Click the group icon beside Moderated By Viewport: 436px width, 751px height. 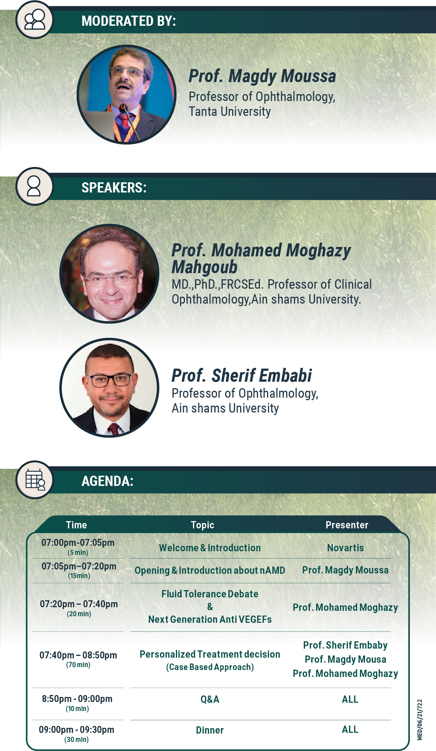(35, 20)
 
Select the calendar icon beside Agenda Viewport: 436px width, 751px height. (35, 480)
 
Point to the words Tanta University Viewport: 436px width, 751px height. (230, 111)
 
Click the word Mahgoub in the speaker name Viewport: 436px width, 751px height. (204, 267)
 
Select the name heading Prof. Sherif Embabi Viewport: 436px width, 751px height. (242, 375)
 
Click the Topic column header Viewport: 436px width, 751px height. (203, 525)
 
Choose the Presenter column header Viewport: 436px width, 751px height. (347, 525)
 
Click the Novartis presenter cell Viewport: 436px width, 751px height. (346, 548)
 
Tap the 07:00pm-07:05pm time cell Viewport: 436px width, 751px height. (78, 543)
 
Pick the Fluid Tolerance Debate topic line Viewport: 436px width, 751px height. (210, 594)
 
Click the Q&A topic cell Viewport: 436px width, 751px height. (210, 699)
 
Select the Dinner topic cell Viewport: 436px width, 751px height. (210, 730)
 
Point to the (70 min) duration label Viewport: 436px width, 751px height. (78, 665)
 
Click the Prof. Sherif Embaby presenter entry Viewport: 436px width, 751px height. (346, 645)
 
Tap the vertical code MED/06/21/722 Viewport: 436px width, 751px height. (420, 720)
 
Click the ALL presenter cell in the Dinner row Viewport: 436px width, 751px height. (350, 730)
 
